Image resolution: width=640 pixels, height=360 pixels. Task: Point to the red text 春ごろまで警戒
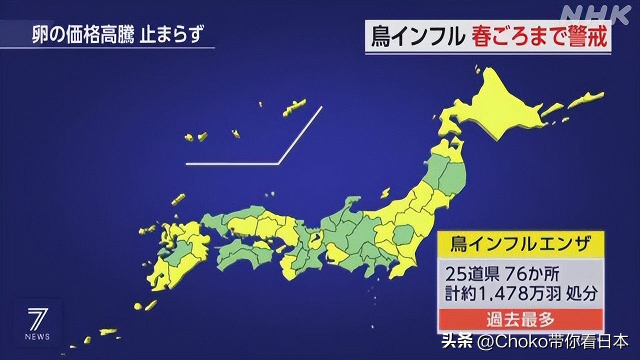540,37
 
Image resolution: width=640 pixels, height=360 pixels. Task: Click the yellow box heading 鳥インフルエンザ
520,244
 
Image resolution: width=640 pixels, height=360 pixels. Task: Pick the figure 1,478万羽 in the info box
520,294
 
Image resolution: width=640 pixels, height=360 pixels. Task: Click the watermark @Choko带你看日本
552,341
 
